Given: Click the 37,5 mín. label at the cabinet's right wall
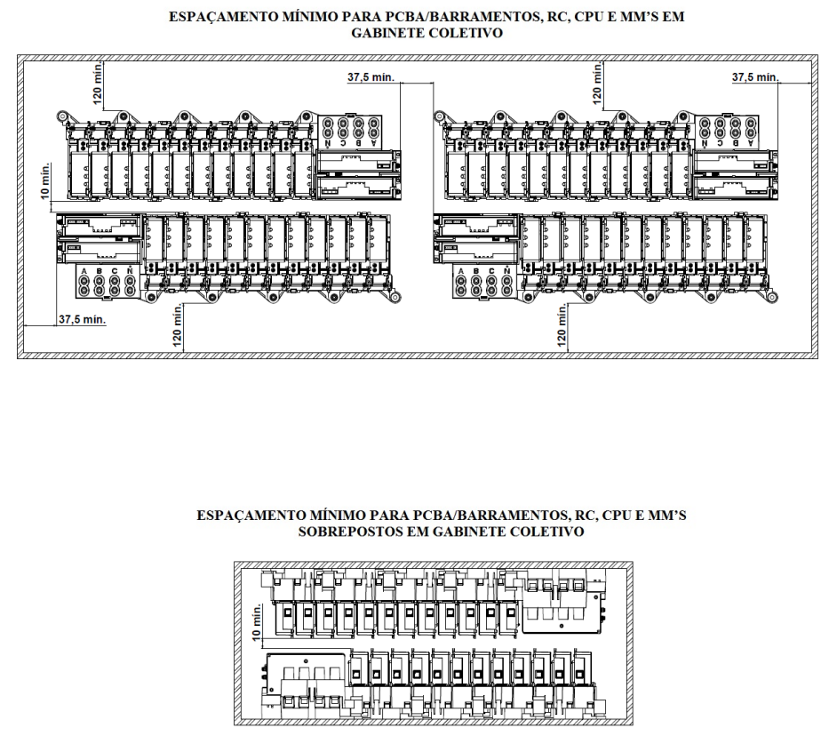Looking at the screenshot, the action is pyautogui.click(x=754, y=77).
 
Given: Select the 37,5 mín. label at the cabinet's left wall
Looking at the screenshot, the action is pyautogui.click(x=83, y=319).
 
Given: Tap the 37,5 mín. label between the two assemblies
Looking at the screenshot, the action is pyautogui.click(x=371, y=77).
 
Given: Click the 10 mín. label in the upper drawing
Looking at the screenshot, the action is pyautogui.click(x=46, y=181).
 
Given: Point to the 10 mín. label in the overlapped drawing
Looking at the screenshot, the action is pyautogui.click(x=257, y=621).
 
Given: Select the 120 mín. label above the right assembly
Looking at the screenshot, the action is pyautogui.click(x=597, y=84).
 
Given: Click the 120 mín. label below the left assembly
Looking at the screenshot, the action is pyautogui.click(x=178, y=326).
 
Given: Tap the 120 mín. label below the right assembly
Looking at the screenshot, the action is pyautogui.click(x=562, y=326).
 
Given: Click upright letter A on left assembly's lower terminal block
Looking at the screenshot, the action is pyautogui.click(x=84, y=271).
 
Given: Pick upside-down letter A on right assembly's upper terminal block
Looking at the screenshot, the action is pyautogui.click(x=751, y=142).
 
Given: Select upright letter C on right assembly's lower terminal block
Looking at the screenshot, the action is pyautogui.click(x=491, y=271).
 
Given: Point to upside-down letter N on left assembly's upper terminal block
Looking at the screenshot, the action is pyautogui.click(x=328, y=143).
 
